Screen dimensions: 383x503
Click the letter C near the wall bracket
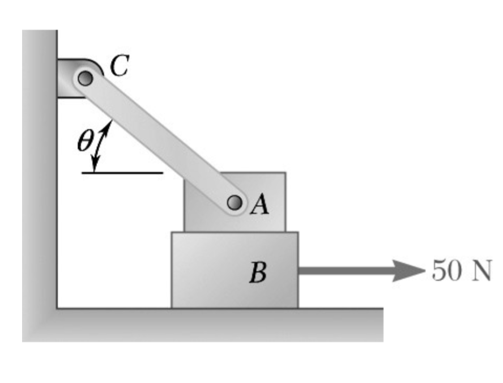tap(120, 67)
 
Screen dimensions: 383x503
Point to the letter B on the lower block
tap(258, 274)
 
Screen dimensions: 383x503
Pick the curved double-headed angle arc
tap(101, 145)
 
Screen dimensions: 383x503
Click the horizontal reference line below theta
tap(122, 172)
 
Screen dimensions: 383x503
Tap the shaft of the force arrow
tap(346, 271)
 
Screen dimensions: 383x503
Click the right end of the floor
tap(382, 324)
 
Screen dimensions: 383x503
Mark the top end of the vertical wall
tap(40, 32)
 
